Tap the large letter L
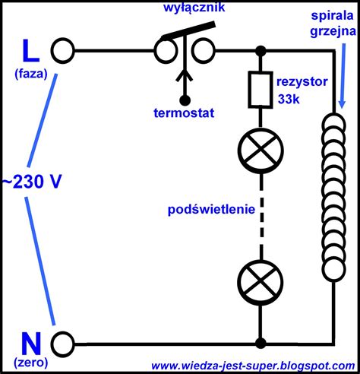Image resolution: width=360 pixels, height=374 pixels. click(31, 51)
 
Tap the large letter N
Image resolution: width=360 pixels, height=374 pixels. click(31, 344)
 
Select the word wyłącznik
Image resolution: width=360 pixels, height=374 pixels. click(194, 7)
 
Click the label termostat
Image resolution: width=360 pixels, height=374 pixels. click(184, 113)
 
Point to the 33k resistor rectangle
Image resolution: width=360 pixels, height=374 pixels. click(261, 90)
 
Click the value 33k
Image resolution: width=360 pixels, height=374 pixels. click(289, 99)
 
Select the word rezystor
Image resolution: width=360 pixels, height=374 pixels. click(302, 82)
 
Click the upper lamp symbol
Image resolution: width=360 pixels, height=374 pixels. click(261, 151)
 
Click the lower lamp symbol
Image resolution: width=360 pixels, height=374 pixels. click(261, 283)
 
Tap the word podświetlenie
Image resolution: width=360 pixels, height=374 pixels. click(211, 210)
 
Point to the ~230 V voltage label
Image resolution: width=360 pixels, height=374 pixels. click(32, 182)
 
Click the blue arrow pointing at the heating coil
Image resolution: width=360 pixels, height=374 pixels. click(343, 76)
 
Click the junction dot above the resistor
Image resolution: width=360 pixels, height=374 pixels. click(261, 51)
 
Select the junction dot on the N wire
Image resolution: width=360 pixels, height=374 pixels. click(261, 344)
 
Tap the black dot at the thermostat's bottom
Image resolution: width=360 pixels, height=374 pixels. click(185, 100)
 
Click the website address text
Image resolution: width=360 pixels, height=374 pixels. click(253, 366)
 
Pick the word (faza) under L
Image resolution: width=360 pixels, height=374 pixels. click(31, 74)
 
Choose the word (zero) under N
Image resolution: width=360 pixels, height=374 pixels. click(31, 363)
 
